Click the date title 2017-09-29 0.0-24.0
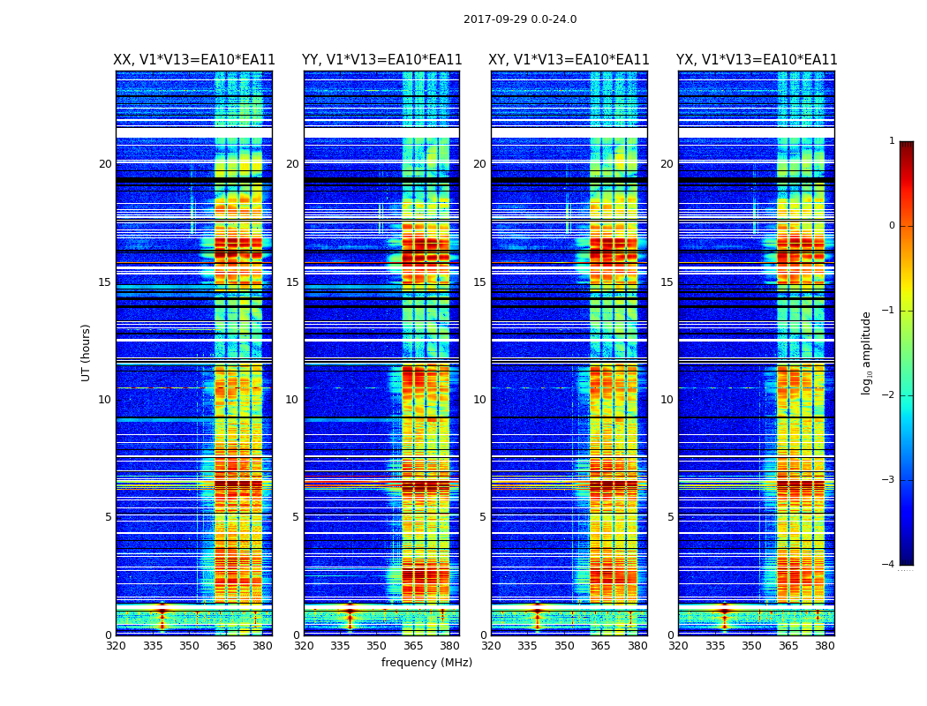pyautogui.click(x=520, y=19)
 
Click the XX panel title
pyautogui.click(x=194, y=60)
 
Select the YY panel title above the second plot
pyautogui.click(x=381, y=60)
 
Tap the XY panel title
pyautogui.click(x=569, y=60)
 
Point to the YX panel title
pyautogui.click(x=757, y=60)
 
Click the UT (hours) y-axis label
pyautogui.click(x=86, y=352)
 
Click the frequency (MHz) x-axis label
pyautogui.click(x=426, y=663)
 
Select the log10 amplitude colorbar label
pyautogui.click(x=867, y=352)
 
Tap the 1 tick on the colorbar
pyautogui.click(x=892, y=141)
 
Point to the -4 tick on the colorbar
pyautogui.click(x=889, y=565)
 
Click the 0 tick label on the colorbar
pyautogui.click(x=892, y=226)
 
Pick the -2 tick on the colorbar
pyautogui.click(x=889, y=395)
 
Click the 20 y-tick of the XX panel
pyautogui.click(x=105, y=164)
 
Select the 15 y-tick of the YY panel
pyautogui.click(x=291, y=282)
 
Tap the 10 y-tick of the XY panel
pyautogui.click(x=479, y=400)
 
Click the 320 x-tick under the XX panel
pyautogui.click(x=116, y=646)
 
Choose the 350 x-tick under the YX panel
pyautogui.click(x=751, y=646)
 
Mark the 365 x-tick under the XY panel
pyautogui.click(x=601, y=646)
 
